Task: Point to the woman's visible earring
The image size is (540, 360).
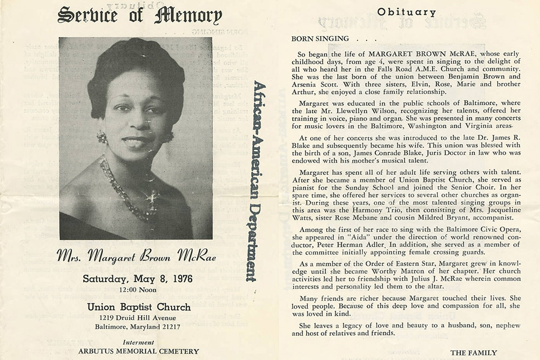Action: click(x=102, y=137)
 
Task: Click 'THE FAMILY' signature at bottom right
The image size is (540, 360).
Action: click(x=473, y=352)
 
